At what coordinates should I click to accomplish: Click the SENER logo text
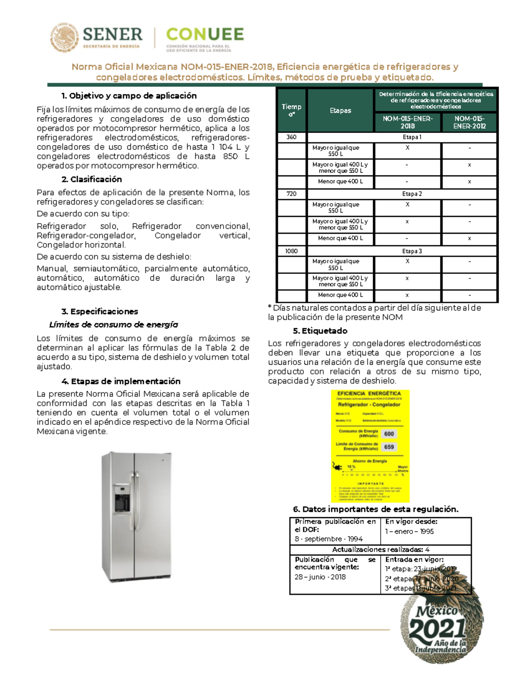click(x=113, y=34)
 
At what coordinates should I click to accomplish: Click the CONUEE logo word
click(x=205, y=34)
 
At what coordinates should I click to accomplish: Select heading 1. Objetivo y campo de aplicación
click(x=129, y=96)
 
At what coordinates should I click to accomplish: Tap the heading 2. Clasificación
click(x=91, y=179)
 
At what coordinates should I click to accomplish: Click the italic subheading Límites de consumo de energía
click(x=114, y=325)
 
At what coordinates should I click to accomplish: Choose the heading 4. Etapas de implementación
click(x=121, y=381)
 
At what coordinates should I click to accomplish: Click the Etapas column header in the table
click(x=340, y=110)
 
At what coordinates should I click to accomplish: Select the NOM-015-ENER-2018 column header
click(x=407, y=122)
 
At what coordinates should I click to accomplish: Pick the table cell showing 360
click(x=291, y=137)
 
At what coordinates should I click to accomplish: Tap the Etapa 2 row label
click(x=412, y=194)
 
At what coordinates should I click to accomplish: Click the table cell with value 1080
click(x=291, y=251)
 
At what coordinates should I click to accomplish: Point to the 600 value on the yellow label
click(x=389, y=434)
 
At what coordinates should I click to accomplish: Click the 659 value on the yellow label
click(x=389, y=447)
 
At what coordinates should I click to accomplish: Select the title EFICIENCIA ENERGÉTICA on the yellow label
click(x=369, y=394)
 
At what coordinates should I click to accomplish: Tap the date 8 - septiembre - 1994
click(x=329, y=539)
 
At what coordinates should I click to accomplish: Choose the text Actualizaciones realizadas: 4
click(x=380, y=550)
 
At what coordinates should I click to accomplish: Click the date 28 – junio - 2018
click(x=320, y=577)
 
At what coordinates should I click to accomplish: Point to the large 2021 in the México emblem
click(x=437, y=628)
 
